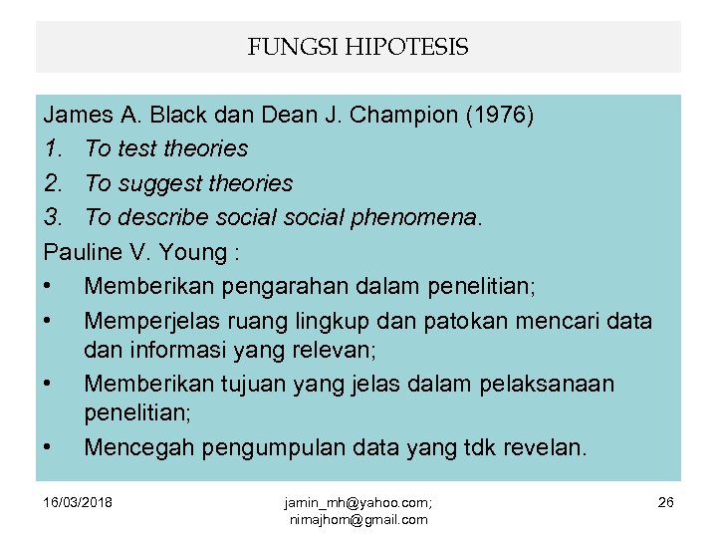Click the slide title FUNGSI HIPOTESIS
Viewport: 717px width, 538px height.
tap(358, 47)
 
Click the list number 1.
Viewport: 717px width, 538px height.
tap(56, 148)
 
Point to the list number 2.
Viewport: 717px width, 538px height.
tap(56, 183)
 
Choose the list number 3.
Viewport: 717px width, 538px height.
tap(56, 218)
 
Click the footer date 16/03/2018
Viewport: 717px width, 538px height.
tap(80, 502)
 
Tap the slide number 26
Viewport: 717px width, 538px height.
tap(665, 502)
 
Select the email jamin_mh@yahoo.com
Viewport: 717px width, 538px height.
tap(357, 503)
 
